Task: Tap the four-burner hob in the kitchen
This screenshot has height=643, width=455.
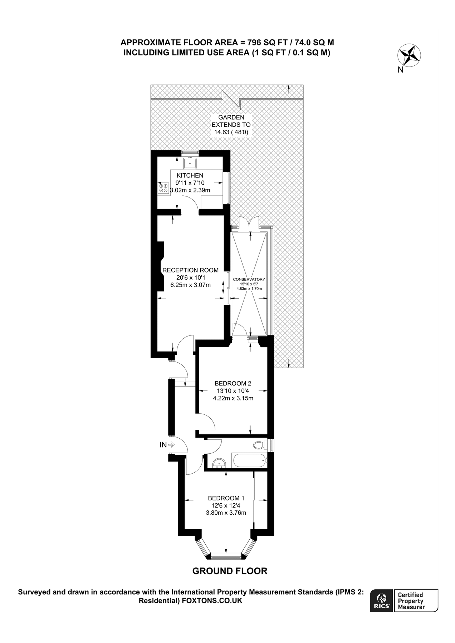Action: coord(163,188)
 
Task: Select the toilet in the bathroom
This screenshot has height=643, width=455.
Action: coord(259,445)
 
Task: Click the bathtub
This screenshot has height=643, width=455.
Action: coord(249,461)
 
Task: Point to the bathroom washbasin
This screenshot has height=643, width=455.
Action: coord(219,463)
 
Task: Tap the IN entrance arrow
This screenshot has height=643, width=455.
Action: coord(171,445)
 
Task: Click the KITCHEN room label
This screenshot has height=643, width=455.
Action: coord(190,175)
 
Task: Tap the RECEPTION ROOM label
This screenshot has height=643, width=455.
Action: coord(190,270)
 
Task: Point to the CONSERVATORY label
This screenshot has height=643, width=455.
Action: coord(249,279)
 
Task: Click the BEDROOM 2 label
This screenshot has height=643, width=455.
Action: coord(233,383)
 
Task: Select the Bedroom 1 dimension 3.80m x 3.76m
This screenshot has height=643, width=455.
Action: coord(226,513)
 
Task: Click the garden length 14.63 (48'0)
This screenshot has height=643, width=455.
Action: coord(231,132)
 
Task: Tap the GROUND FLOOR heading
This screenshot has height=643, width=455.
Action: coord(230,571)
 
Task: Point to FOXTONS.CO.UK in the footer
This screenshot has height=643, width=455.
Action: coord(212,600)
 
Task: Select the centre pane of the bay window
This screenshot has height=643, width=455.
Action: coord(226,555)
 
